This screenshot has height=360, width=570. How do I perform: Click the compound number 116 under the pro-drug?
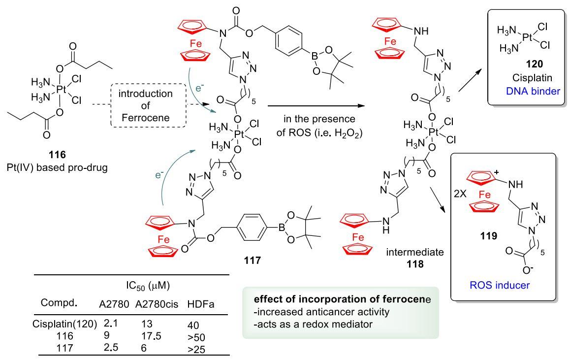(x=57, y=155)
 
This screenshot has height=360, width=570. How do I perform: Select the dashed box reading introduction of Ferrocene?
(x=148, y=105)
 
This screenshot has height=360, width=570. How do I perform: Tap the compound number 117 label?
(x=253, y=261)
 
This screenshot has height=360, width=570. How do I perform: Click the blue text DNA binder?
(x=533, y=91)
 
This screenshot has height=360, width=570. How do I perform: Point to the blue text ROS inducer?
(x=500, y=285)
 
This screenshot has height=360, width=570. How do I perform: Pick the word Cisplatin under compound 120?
(x=532, y=78)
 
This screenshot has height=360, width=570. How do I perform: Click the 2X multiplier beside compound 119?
(x=460, y=194)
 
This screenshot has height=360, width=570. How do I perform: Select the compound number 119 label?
(x=488, y=236)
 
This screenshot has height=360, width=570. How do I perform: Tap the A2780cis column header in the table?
(x=157, y=304)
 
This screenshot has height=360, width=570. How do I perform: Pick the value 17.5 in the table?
(x=151, y=336)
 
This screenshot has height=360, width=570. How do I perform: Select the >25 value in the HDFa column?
(x=196, y=350)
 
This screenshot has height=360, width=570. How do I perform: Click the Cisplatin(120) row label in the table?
(x=64, y=324)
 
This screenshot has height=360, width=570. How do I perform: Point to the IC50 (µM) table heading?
(x=148, y=286)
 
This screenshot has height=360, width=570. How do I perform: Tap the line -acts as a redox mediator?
(x=313, y=324)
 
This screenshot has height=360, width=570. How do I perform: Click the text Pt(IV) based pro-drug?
(x=57, y=168)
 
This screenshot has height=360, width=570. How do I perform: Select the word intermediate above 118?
(x=415, y=252)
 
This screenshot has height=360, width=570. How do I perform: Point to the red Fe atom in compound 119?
(x=484, y=195)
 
